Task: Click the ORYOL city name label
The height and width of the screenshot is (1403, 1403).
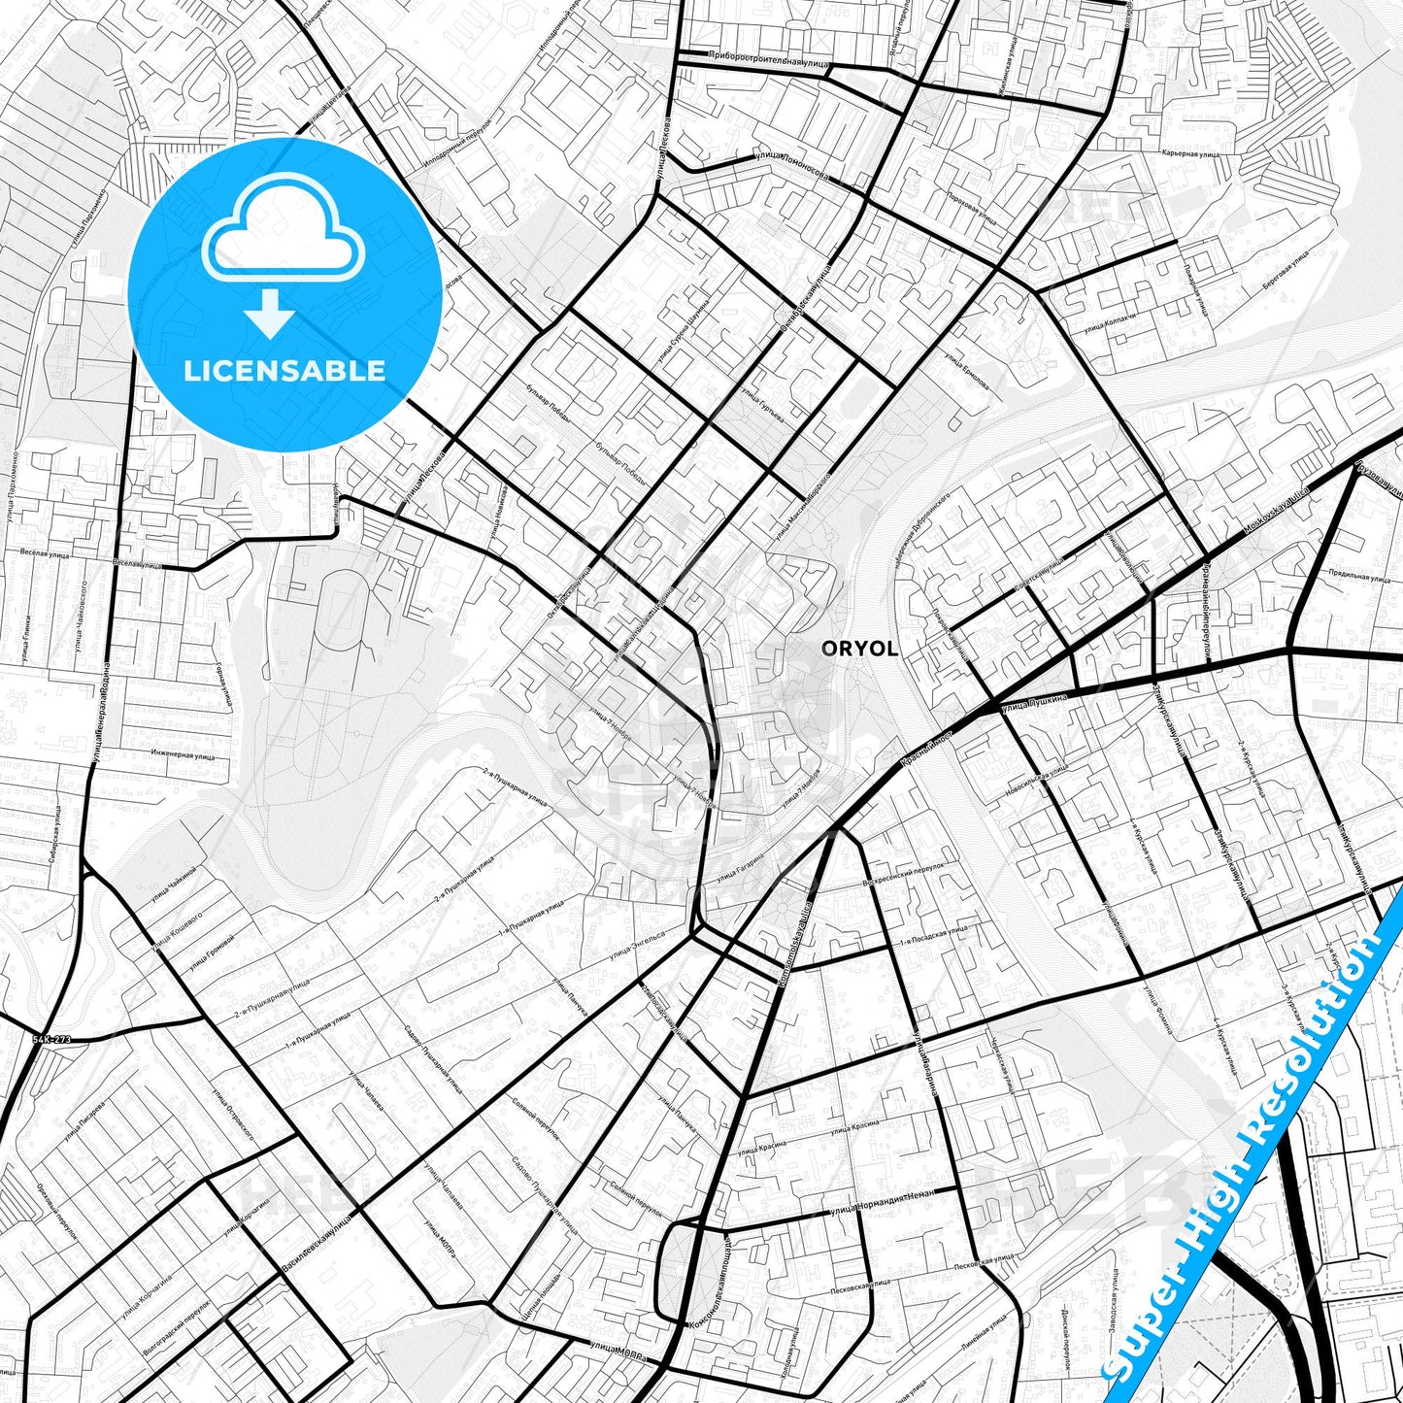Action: (859, 649)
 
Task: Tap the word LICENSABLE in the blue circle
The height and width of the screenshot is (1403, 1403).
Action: (284, 370)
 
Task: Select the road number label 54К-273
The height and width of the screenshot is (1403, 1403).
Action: (51, 1040)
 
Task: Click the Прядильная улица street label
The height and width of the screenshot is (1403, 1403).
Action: (1359, 578)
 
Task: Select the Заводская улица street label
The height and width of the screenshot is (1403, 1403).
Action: (1134, 1304)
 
